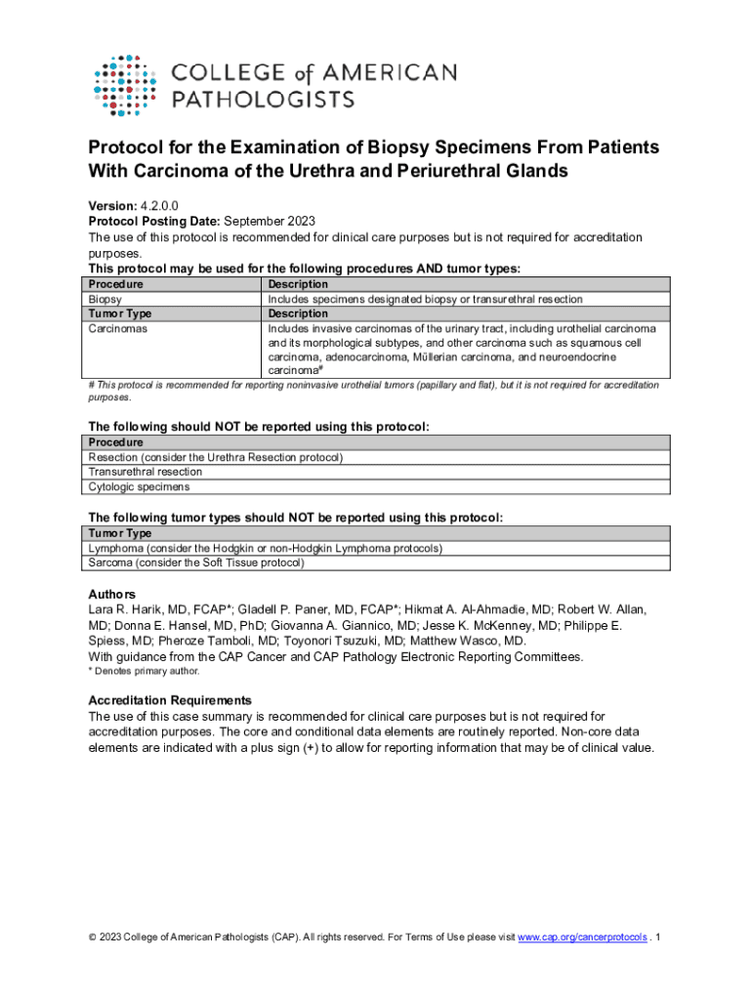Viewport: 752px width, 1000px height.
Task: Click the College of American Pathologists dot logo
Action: click(x=125, y=84)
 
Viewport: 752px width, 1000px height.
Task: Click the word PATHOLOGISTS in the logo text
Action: click(x=264, y=99)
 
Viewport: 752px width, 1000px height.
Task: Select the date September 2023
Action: click(x=268, y=222)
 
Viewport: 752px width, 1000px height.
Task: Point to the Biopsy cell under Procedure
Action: click(x=105, y=299)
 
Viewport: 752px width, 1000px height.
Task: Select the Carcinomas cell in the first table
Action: click(x=119, y=329)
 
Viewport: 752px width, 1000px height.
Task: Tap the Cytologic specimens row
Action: click(x=139, y=486)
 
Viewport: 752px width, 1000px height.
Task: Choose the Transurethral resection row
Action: click(x=146, y=472)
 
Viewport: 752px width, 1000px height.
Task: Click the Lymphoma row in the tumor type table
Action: click(x=265, y=548)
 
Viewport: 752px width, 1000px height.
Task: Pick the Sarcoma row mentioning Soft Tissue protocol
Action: click(x=196, y=562)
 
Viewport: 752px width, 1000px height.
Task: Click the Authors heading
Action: click(x=111, y=594)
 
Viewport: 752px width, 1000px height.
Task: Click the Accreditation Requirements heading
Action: click(x=170, y=700)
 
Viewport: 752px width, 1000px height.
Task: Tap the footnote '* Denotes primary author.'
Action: click(x=144, y=671)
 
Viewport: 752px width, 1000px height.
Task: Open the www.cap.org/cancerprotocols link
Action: click(x=582, y=937)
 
